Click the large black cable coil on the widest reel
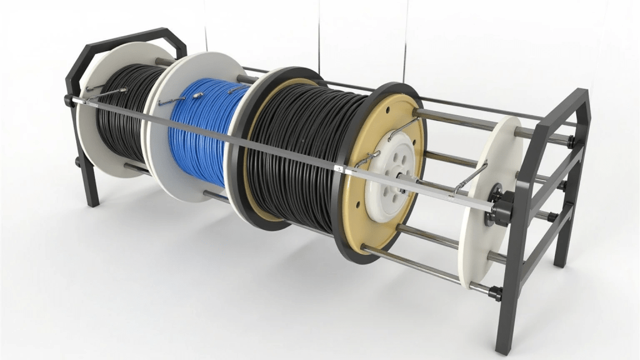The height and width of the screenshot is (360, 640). pyautogui.click(x=294, y=150)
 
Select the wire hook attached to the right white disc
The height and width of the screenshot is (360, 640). pyautogui.click(x=471, y=176)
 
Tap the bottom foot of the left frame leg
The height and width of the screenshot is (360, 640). pyautogui.click(x=92, y=201)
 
